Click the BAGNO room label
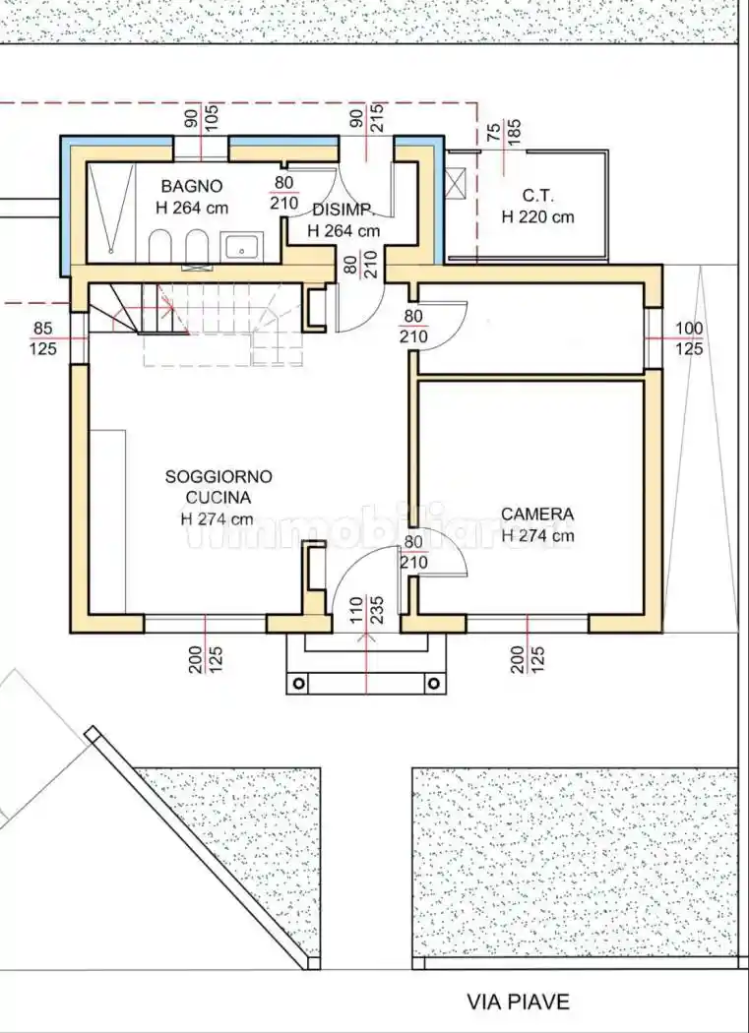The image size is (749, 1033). (x=192, y=186)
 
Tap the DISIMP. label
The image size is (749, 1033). (x=342, y=210)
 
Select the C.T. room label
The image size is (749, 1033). (x=537, y=194)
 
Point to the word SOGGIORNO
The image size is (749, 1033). (x=218, y=476)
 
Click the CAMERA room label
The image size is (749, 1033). (x=536, y=515)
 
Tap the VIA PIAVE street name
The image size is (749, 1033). (x=518, y=1003)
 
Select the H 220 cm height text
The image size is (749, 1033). (x=537, y=216)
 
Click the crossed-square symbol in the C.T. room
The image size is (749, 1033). (x=457, y=183)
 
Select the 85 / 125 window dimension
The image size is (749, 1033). (x=43, y=338)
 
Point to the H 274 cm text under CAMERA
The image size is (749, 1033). (x=537, y=536)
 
